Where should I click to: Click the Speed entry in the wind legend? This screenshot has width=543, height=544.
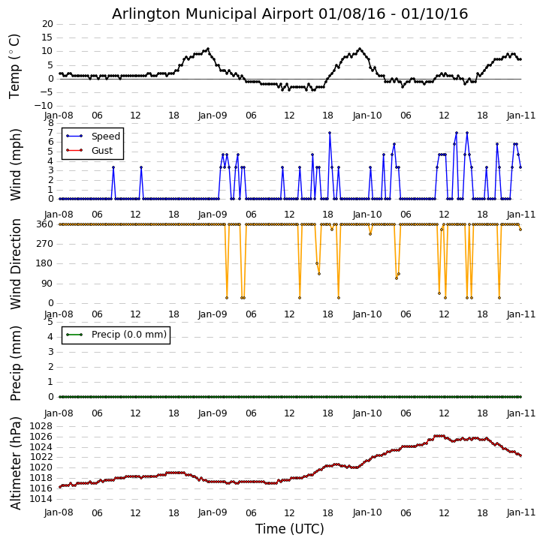tap(105, 137)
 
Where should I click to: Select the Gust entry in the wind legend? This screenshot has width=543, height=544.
tap(101, 150)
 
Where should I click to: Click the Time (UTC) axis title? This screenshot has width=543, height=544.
tap(290, 529)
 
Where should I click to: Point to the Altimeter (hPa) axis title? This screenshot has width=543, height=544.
tap(16, 462)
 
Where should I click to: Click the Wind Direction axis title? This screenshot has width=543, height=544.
tap(16, 263)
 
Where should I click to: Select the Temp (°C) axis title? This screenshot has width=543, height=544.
tap(16, 65)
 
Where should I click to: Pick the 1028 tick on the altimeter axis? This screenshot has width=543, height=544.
tap(43, 427)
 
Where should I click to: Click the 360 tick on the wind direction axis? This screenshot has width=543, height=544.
tap(45, 224)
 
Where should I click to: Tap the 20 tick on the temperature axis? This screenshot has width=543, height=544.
tap(47, 24)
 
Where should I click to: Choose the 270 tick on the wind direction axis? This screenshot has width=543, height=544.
tap(45, 244)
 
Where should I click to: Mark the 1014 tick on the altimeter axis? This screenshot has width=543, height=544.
tap(43, 498)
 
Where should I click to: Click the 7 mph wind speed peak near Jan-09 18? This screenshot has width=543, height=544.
tap(329, 133)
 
